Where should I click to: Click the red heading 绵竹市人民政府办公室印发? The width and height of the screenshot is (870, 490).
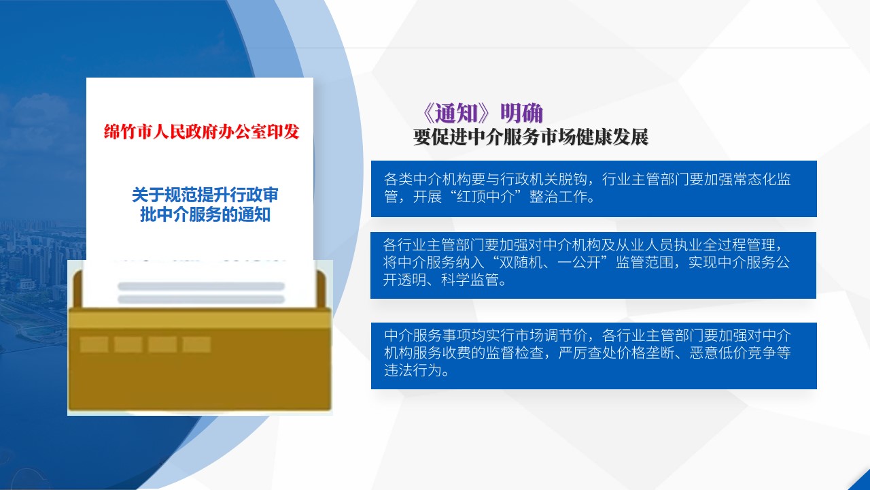coord(201,132)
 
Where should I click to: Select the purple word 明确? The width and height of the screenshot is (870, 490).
coord(521,113)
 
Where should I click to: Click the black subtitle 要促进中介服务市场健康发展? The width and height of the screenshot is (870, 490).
coord(531,137)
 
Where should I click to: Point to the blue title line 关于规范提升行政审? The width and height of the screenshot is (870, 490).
coord(205,195)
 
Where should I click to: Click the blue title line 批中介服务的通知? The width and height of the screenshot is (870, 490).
coord(205,214)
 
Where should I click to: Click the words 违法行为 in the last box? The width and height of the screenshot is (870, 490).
coord(413,370)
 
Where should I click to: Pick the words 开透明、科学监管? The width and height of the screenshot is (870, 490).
coord(441,280)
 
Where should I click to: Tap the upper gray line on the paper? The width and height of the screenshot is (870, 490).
coord(201,287)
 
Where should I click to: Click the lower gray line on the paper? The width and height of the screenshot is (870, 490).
coord(201,299)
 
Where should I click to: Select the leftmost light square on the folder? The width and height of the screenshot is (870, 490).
coord(94,344)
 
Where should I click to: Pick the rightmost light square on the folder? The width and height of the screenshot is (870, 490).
coord(196,344)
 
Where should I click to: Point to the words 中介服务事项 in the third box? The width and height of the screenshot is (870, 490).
coord(428,336)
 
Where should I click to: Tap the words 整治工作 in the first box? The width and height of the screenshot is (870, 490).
coord(558,197)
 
